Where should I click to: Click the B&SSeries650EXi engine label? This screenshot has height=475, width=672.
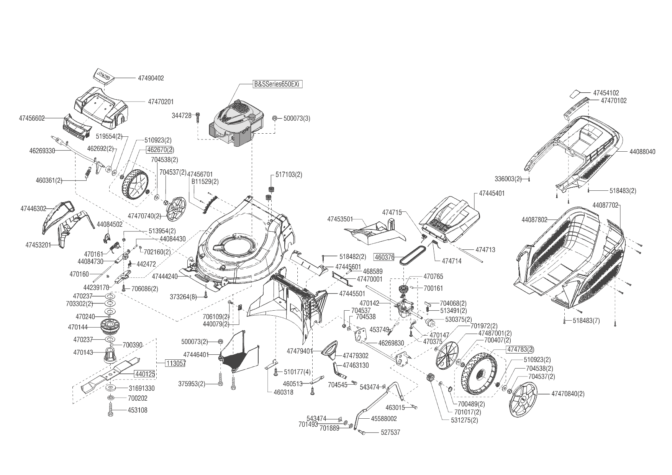tap(278, 84)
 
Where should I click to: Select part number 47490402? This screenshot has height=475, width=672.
tap(151, 78)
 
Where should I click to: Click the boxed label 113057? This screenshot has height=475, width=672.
tap(175, 364)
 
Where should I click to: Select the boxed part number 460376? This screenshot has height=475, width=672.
tap(384, 257)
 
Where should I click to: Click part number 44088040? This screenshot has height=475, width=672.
tap(642, 152)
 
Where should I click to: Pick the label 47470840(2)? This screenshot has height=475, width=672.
tap(568, 393)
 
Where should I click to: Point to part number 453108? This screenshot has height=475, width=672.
tap(138, 410)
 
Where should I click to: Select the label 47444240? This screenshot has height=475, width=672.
tap(165, 276)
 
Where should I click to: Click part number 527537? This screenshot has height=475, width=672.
tap(390, 432)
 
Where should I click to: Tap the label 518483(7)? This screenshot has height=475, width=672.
tap(586, 321)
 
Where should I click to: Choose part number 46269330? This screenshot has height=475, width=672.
tap(42, 151)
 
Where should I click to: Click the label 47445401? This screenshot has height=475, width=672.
tap(492, 193)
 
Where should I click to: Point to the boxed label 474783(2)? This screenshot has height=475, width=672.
tap(520, 349)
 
